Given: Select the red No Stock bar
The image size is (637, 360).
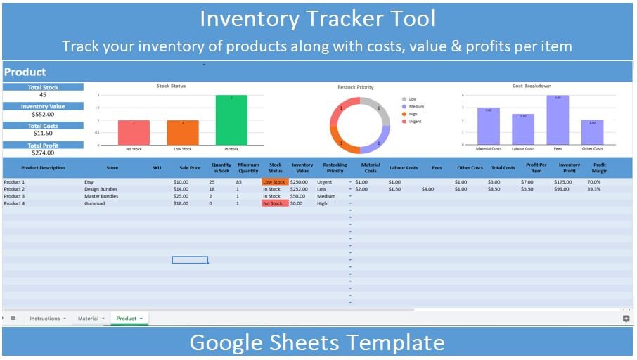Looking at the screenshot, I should click(x=134, y=132).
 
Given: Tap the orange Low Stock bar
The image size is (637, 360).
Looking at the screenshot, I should click(x=183, y=132).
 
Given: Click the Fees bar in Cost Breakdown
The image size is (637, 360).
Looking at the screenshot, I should click(x=558, y=120).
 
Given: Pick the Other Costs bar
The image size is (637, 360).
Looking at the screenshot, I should click(x=592, y=132).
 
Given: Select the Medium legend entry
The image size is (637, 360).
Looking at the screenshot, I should click(x=416, y=107).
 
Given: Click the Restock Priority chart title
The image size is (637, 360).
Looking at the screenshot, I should click(x=356, y=87).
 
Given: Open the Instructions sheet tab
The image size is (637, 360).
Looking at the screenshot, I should click(x=45, y=319).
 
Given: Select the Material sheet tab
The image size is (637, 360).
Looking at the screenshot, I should click(x=89, y=319).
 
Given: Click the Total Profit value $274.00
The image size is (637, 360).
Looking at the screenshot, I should click(x=43, y=153).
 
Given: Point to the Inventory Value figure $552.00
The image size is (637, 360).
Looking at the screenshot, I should click(x=43, y=114).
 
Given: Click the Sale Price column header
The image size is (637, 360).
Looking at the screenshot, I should click(x=190, y=168).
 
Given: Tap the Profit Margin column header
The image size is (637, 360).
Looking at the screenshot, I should click(x=599, y=168).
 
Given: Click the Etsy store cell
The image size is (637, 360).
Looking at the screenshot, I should click(x=89, y=182).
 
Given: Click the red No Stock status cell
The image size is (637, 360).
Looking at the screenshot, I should click(x=274, y=203).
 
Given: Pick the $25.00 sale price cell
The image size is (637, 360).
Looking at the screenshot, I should click(x=181, y=196).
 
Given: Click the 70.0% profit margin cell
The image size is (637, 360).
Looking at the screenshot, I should click(x=594, y=182).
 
